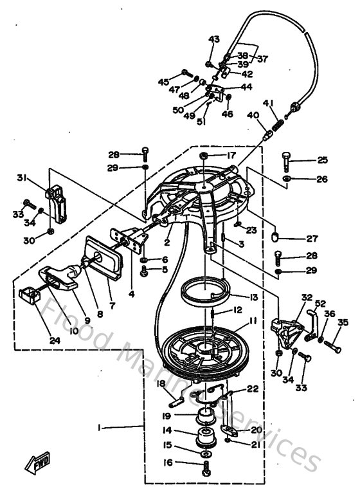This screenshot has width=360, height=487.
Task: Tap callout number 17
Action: click(230, 156)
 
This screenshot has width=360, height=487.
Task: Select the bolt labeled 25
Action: click(287, 159)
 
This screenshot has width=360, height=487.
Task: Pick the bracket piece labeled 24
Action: click(30, 296)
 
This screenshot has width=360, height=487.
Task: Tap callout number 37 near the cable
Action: click(263, 59)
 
